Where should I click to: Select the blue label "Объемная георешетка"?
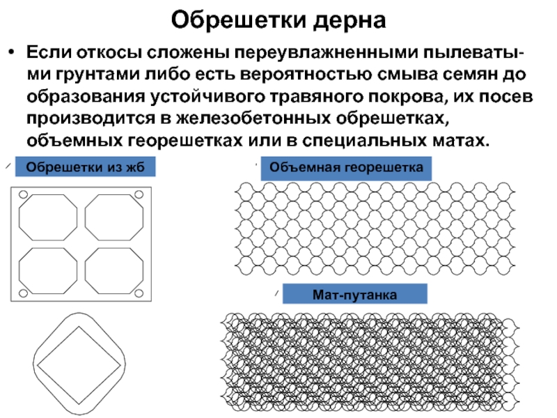346,168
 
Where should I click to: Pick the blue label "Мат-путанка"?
354,295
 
